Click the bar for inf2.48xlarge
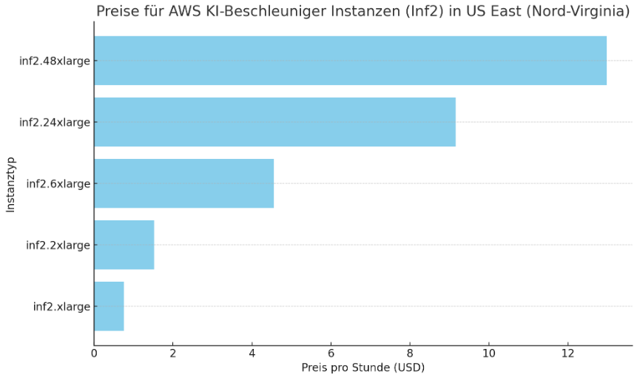coord(350,61)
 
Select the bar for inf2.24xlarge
coord(274,122)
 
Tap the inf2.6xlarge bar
coord(183,183)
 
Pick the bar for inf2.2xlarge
coord(124,245)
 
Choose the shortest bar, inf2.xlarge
coord(109,306)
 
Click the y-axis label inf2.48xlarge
coord(55,61)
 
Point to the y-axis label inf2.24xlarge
coord(55,122)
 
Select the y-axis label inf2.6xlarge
coord(58,183)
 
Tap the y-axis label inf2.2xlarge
coord(58,245)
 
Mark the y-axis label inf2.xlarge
coord(61,306)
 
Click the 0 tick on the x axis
coord(94,353)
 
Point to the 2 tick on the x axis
coord(173,353)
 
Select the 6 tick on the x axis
coord(331,353)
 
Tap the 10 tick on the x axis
coord(488,353)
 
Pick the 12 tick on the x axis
coord(567,353)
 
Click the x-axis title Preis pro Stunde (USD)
coord(363,367)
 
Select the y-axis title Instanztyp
coord(10,184)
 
